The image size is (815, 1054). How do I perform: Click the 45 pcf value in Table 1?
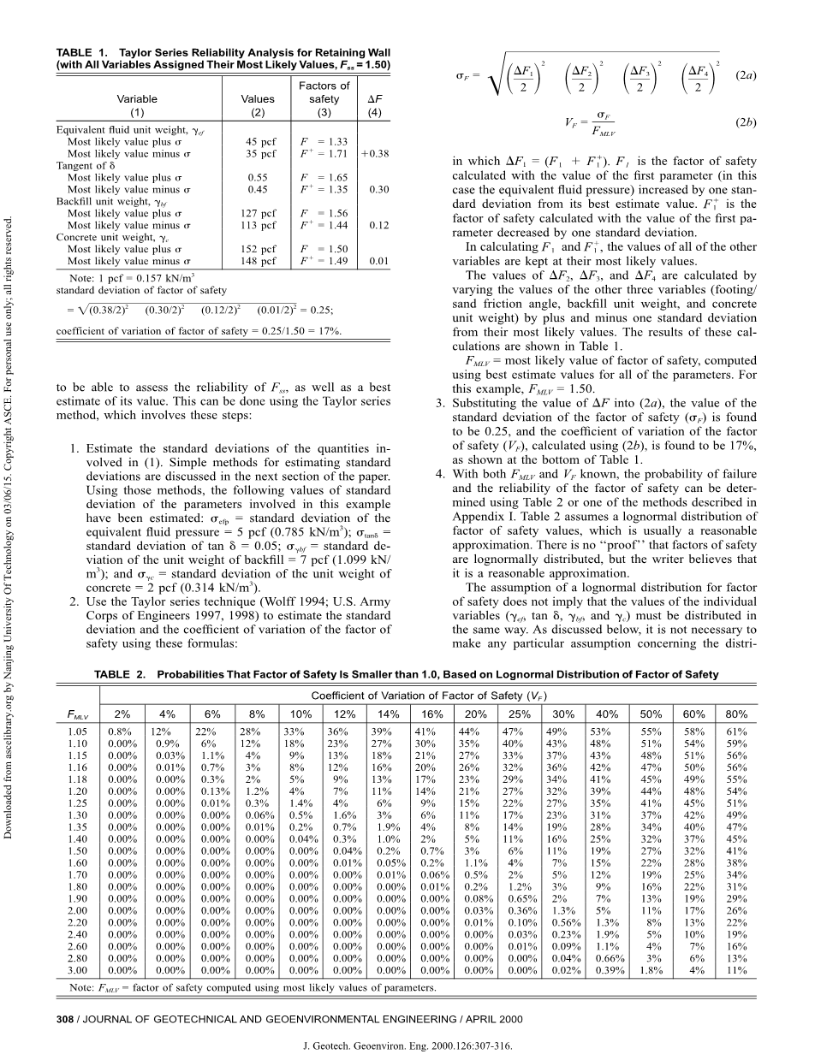pyautogui.click(x=258, y=142)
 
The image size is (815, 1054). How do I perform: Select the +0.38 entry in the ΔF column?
pyautogui.click(x=375, y=154)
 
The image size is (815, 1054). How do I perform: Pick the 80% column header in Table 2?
pyautogui.click(x=734, y=714)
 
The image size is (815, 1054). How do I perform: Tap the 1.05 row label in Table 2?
pyautogui.click(x=78, y=732)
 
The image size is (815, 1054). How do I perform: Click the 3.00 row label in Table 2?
pyautogui.click(x=78, y=970)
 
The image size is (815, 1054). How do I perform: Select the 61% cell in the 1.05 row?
pyautogui.click(x=735, y=732)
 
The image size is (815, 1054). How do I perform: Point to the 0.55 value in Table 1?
pyautogui.click(x=258, y=178)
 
